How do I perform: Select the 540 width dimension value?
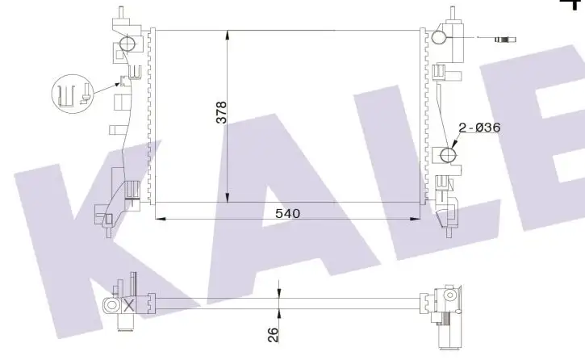coord(287,213)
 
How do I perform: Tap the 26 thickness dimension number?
coord(273,333)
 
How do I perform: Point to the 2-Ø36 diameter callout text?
coord(481,128)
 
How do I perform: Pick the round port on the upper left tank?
coord(127,44)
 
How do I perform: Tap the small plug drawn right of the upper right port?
coord(508,38)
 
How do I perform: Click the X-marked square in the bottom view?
coord(127,305)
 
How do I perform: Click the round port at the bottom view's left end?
coord(109,305)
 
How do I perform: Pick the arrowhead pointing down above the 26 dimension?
coord(278,292)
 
